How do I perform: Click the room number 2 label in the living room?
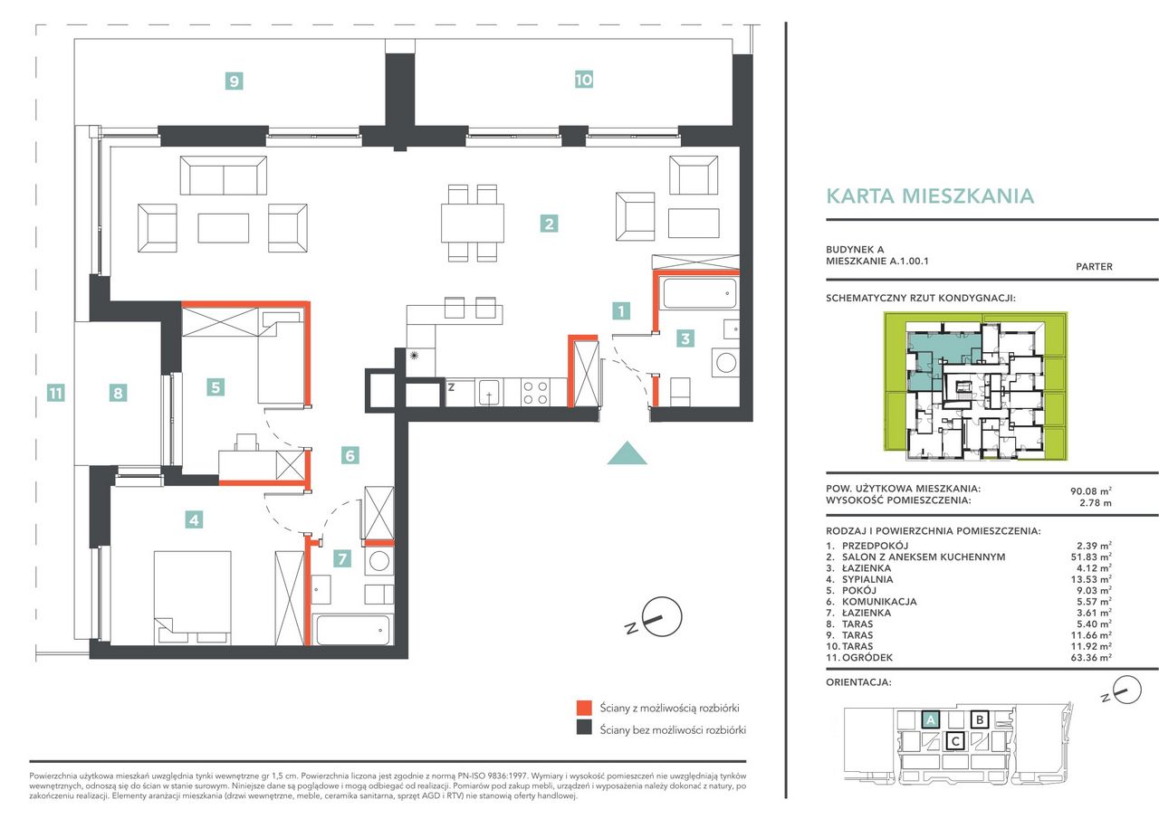[x=549, y=224]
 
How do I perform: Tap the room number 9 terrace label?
[x=235, y=81]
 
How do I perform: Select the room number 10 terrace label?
[x=584, y=80]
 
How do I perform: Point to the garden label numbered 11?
[x=56, y=393]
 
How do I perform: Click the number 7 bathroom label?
[x=342, y=558]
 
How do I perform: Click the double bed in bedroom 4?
[x=193, y=597]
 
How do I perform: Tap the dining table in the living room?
[x=473, y=223]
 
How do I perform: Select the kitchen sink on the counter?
[x=489, y=393]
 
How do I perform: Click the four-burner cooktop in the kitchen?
[x=535, y=393]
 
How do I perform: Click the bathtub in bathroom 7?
[x=352, y=630]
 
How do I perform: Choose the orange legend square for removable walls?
[x=584, y=708]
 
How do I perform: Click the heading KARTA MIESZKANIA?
[x=930, y=196]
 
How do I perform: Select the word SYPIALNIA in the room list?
[x=867, y=579]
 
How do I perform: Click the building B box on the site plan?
[x=980, y=719]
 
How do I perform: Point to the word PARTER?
[x=1094, y=267]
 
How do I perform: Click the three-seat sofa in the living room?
[x=224, y=176]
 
